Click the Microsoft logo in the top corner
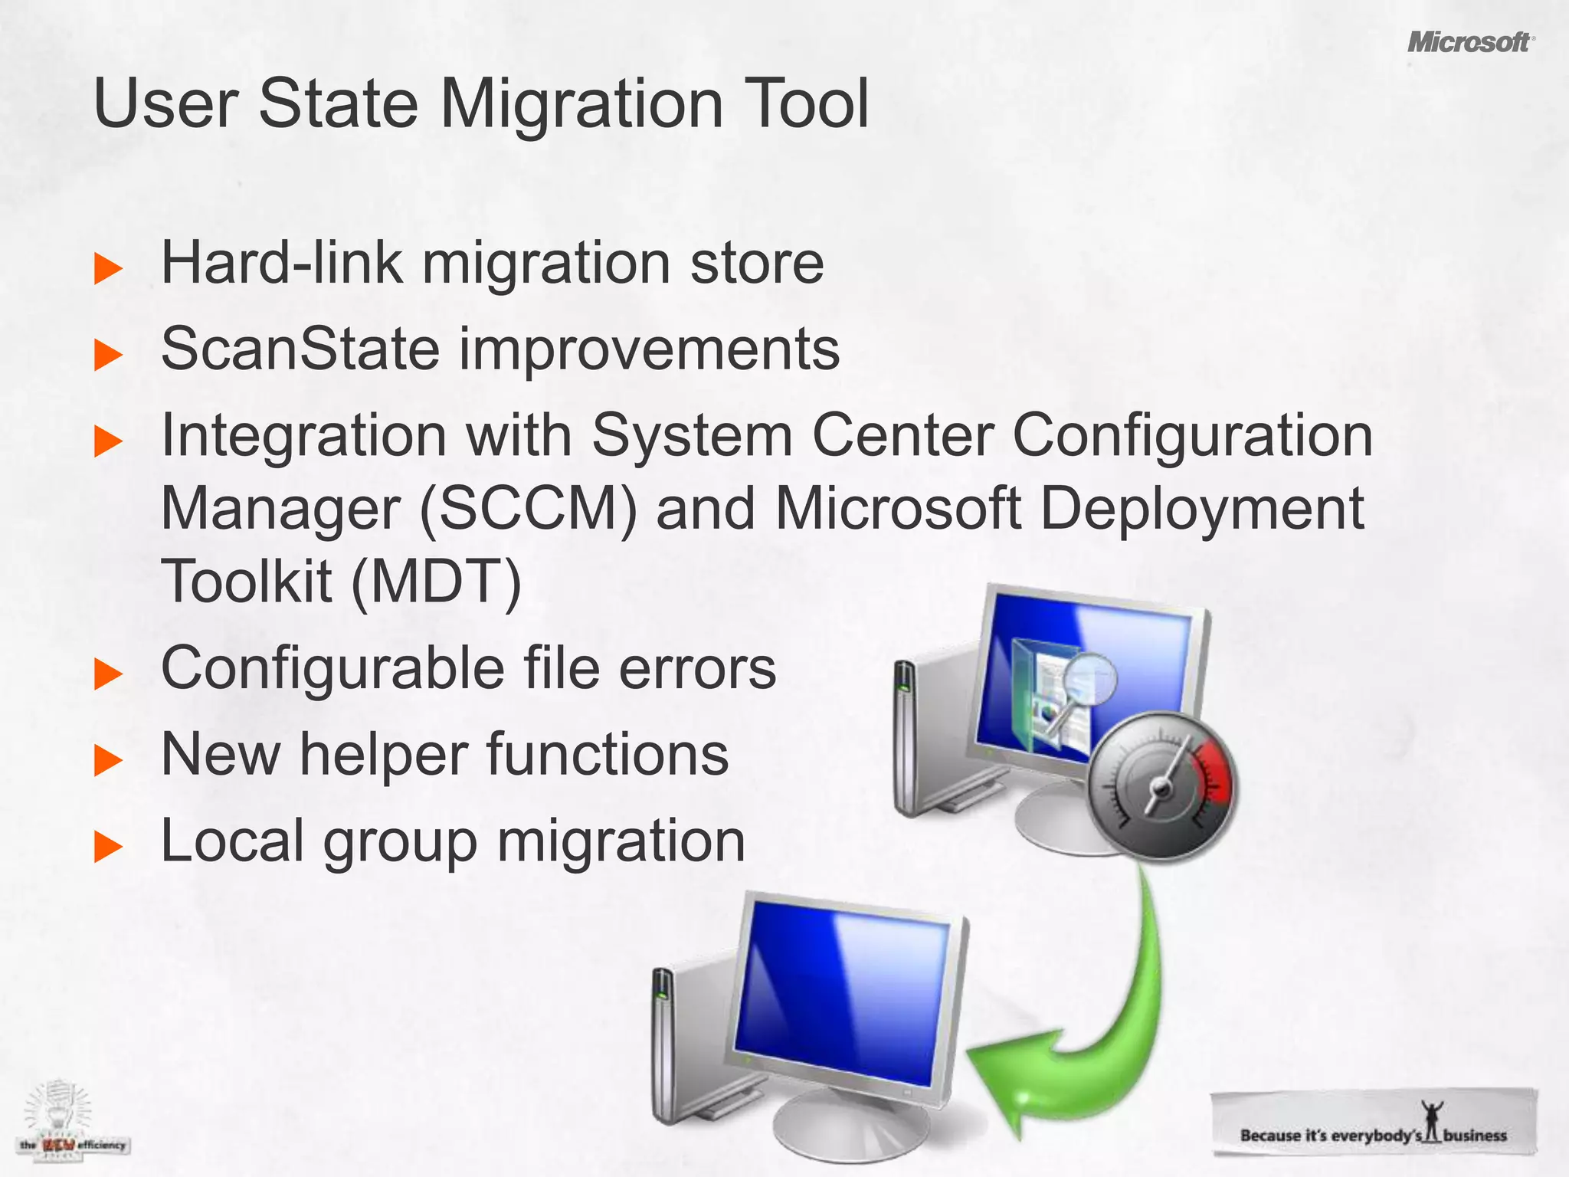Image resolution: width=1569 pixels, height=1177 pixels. click(x=1469, y=42)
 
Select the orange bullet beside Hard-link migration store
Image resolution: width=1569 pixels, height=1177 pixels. click(x=108, y=269)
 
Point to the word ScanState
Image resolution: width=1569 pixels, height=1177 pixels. click(x=300, y=349)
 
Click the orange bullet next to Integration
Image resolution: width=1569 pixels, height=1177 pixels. click(x=108, y=442)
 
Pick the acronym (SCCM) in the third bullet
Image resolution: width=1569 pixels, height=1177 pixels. click(x=529, y=509)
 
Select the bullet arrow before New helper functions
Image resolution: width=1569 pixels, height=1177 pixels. click(x=108, y=760)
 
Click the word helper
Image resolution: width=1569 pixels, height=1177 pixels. click(x=383, y=755)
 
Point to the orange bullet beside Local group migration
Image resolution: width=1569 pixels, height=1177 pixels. click(x=108, y=847)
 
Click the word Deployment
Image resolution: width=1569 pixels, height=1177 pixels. click(x=1201, y=509)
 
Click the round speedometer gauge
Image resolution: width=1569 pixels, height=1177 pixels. click(x=1161, y=786)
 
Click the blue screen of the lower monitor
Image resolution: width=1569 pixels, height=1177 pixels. click(x=843, y=988)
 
